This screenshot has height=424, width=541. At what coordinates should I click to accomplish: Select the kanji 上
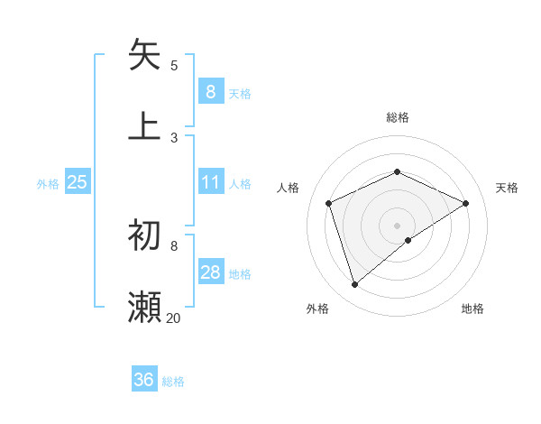click(x=145, y=125)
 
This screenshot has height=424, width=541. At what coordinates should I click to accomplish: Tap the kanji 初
click(x=145, y=235)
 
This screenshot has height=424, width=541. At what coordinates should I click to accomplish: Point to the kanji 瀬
click(x=145, y=307)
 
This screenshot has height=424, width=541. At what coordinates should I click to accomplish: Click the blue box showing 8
click(x=210, y=91)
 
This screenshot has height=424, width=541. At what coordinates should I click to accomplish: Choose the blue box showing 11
click(x=210, y=182)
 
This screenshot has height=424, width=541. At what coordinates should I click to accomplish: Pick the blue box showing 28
click(x=210, y=272)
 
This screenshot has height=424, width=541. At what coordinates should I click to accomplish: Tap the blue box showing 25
click(x=78, y=182)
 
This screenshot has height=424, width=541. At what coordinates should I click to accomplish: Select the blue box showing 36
click(x=144, y=380)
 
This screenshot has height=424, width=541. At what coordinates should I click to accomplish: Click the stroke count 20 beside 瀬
click(x=173, y=318)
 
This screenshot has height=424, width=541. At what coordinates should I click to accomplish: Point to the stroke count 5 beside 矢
click(x=174, y=65)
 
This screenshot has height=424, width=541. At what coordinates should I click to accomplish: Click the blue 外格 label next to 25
click(x=48, y=183)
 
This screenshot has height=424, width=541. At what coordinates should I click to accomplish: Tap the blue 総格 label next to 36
click(x=173, y=381)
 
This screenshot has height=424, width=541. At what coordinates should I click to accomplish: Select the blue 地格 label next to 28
click(x=240, y=273)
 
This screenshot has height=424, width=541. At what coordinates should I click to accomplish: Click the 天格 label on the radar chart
click(x=507, y=188)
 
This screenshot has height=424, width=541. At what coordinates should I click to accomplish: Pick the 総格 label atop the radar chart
click(x=397, y=117)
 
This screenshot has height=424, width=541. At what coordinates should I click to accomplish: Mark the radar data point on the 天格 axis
click(x=465, y=203)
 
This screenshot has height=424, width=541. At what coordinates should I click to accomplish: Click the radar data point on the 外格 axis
click(x=354, y=285)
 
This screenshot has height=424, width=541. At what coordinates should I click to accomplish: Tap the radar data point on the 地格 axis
click(x=408, y=240)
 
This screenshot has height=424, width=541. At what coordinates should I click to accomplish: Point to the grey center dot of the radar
click(x=397, y=225)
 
